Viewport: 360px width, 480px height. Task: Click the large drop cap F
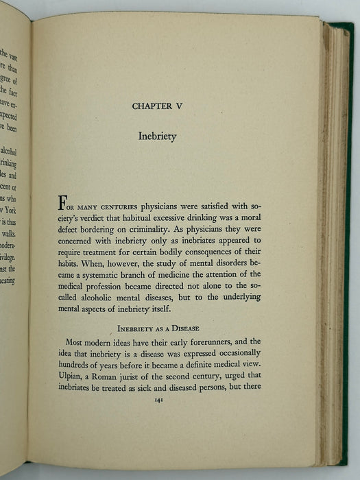63,204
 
